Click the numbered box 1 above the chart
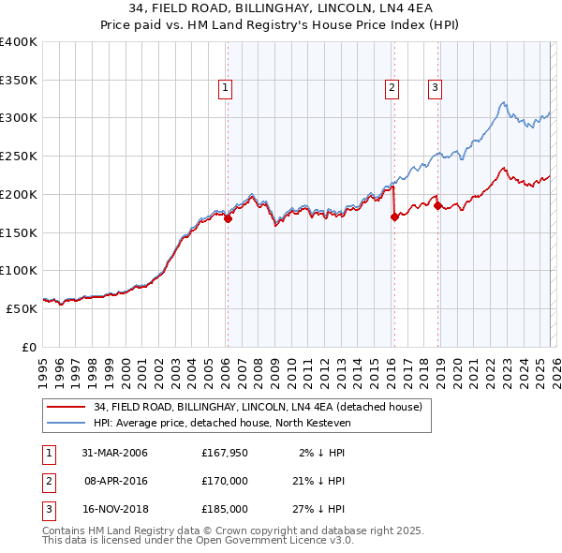coord(227,89)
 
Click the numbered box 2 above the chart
coord(391,89)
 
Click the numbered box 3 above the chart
coord(436,89)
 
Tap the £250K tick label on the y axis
coord(19,156)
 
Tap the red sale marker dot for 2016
coord(393,217)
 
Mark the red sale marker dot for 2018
coord(437,205)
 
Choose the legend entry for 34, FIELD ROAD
coord(259,407)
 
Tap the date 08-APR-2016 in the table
coord(114,481)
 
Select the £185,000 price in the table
coord(225,509)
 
